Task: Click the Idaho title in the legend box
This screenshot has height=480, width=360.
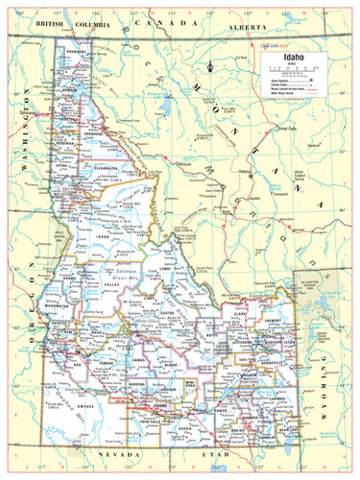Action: click(291, 58)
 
